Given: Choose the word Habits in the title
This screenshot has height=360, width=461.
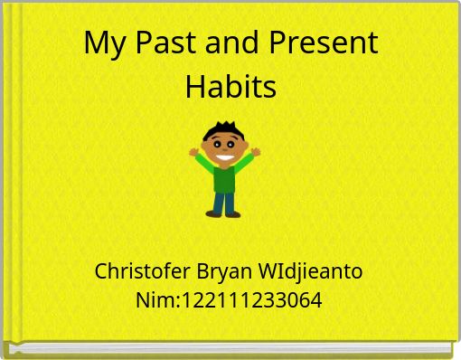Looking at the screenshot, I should [230, 87].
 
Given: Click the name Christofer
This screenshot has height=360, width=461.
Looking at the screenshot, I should [142, 270].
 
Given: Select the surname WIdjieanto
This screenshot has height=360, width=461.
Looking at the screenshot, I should [311, 270].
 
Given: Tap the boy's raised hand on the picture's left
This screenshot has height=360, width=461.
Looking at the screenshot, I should [193, 152].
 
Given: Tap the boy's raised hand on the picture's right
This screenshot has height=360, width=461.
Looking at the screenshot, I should [256, 152].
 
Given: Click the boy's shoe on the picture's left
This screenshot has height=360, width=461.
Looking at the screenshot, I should [213, 214].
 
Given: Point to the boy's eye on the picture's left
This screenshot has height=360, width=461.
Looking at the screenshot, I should [218, 143].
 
